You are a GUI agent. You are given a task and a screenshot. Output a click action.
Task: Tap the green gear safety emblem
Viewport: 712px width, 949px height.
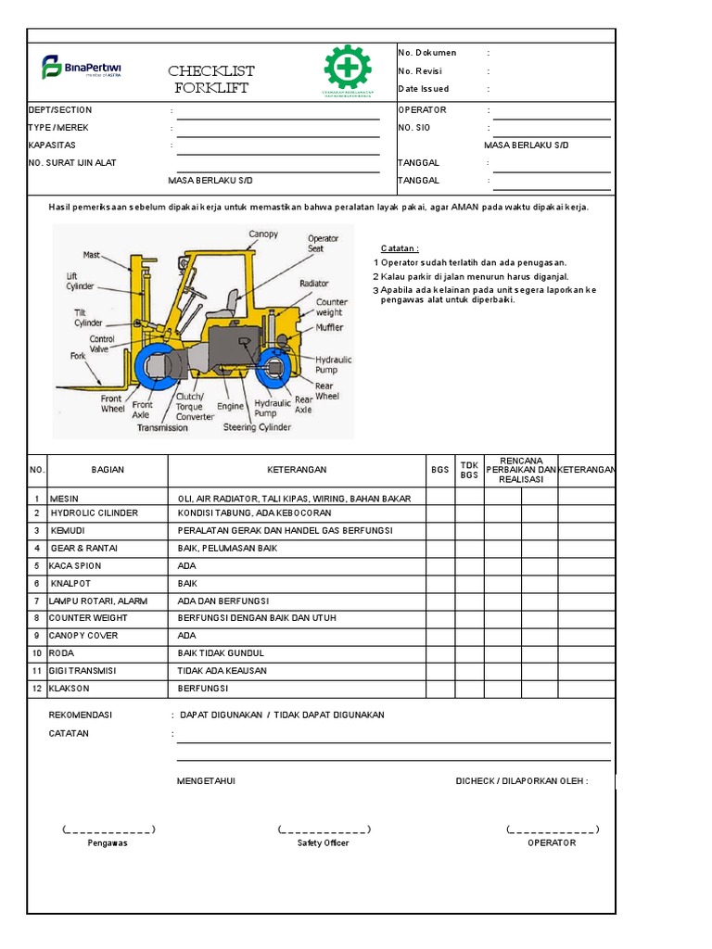348,69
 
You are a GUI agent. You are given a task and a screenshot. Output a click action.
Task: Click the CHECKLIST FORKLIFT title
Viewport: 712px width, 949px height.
211,80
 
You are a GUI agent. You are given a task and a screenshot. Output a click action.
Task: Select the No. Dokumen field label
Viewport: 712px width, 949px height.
427,53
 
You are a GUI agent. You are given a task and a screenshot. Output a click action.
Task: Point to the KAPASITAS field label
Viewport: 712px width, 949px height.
52,146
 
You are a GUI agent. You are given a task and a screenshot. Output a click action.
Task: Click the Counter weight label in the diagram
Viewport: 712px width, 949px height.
331,307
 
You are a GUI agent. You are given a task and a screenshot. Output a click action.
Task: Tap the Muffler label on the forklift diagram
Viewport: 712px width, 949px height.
329,328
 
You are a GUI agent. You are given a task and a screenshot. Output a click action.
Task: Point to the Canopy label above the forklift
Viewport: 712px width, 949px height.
263,234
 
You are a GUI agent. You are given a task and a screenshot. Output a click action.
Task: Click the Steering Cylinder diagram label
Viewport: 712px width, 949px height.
257,427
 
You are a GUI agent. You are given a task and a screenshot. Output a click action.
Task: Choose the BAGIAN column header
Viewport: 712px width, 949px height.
108,470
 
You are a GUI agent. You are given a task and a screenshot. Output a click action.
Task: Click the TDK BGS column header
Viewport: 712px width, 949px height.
469,470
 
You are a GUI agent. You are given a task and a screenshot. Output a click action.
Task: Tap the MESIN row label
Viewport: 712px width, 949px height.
64,498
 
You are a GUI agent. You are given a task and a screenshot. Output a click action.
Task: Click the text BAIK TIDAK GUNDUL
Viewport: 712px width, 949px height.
221,653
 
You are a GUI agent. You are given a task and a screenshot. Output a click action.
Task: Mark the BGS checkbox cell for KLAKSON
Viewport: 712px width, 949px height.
440,689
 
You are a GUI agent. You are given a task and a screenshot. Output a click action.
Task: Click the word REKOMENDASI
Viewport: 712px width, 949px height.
80,715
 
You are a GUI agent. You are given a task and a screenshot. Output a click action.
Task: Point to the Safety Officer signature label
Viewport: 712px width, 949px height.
323,842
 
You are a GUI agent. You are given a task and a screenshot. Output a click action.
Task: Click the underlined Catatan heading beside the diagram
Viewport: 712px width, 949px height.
400,248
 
